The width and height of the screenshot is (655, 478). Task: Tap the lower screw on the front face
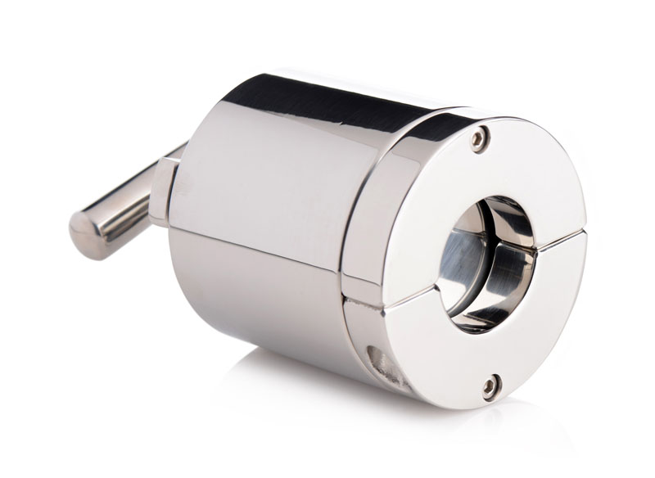click(x=491, y=384)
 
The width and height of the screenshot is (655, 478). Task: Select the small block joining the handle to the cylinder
click(x=163, y=192)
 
